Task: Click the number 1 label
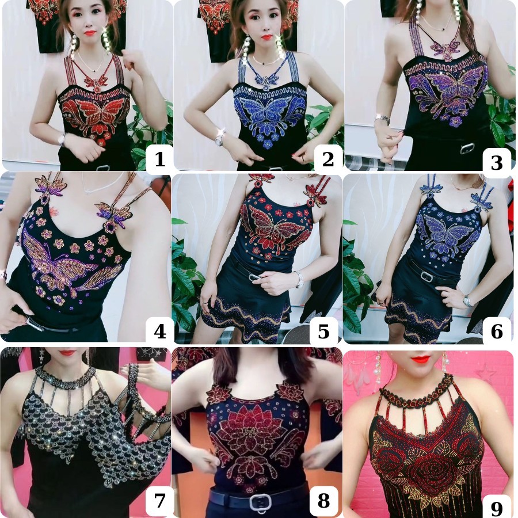point(160,159)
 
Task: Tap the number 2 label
point(327,159)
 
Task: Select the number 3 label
point(497,162)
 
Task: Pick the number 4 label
point(160,331)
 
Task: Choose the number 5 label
point(323,331)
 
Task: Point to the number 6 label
point(497,331)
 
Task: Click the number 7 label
point(160,500)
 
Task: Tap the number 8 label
point(323,500)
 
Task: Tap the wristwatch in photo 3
point(382,119)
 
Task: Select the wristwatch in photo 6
point(466,300)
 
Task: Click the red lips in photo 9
point(422,359)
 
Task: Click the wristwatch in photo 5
point(300,280)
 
